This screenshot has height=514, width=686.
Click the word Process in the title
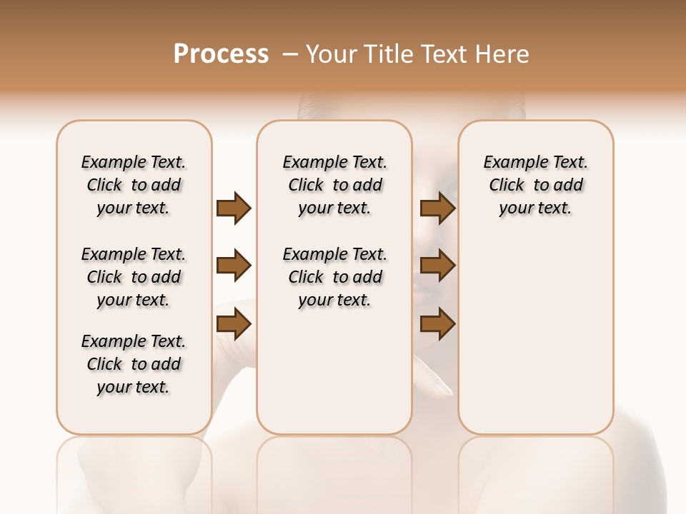[221, 54]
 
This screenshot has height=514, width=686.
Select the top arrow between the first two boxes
[234, 208]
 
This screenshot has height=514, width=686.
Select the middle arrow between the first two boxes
[234, 266]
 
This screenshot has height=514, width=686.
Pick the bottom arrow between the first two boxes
[234, 325]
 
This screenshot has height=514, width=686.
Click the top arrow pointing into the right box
[438, 208]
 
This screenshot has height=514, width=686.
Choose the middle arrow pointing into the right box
[438, 266]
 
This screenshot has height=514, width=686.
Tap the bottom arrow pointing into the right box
[438, 325]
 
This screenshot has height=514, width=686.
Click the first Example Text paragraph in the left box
[134, 185]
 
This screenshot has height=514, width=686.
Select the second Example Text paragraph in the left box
[134, 277]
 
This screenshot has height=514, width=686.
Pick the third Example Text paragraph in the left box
[134, 364]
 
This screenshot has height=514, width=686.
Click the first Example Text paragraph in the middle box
[335, 185]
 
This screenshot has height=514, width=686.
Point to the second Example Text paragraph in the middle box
[335, 277]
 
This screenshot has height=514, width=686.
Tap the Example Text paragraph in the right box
[536, 185]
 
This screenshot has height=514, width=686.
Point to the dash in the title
[290, 54]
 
